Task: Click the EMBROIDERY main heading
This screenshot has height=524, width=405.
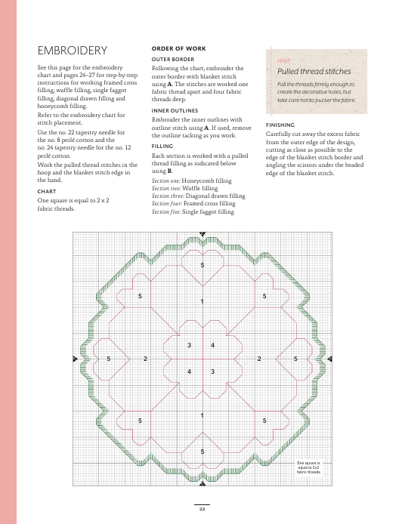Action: pyautogui.click(x=73, y=51)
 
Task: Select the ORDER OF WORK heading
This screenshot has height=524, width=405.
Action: pyautogui.click(x=178, y=48)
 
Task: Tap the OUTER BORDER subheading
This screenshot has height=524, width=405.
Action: pyautogui.click(x=173, y=59)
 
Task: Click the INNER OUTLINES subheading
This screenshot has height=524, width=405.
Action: pyautogui.click(x=175, y=111)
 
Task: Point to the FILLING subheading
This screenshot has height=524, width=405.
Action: pyautogui.click(x=162, y=146)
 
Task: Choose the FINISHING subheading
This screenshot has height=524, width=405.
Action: pyautogui.click(x=280, y=125)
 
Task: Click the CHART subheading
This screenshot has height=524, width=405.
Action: pyautogui.click(x=47, y=192)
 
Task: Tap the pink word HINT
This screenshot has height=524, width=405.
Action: pyautogui.click(x=283, y=61)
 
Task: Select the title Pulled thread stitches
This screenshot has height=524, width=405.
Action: pyautogui.click(x=314, y=71)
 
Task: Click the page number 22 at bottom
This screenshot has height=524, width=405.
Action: pyautogui.click(x=202, y=509)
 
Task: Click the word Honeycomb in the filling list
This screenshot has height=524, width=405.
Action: pyautogui.click(x=198, y=180)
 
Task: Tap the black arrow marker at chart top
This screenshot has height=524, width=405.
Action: pyautogui.click(x=202, y=234)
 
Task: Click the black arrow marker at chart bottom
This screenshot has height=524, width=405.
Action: pyautogui.click(x=202, y=483)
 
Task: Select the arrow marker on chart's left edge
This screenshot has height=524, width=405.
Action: pyautogui.click(x=75, y=359)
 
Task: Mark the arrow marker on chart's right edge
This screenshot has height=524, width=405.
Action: pyautogui.click(x=329, y=359)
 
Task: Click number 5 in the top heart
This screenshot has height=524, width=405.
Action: pyautogui.click(x=202, y=265)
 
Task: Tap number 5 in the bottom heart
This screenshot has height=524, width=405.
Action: pyautogui.click(x=202, y=452)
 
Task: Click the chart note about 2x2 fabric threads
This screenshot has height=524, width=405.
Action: pyautogui.click(x=308, y=467)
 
